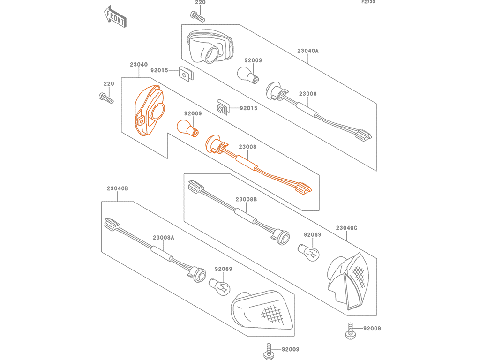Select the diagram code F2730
368,2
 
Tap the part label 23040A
307,51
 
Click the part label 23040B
118,188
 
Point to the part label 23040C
346,228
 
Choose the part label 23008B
246,199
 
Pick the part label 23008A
164,237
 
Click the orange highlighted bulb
187,127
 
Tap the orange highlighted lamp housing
150,110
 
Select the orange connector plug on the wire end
303,187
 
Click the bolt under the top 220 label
197,16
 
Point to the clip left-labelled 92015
186,74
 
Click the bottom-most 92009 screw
269,352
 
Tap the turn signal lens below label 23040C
348,281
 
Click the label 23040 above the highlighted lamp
139,64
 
